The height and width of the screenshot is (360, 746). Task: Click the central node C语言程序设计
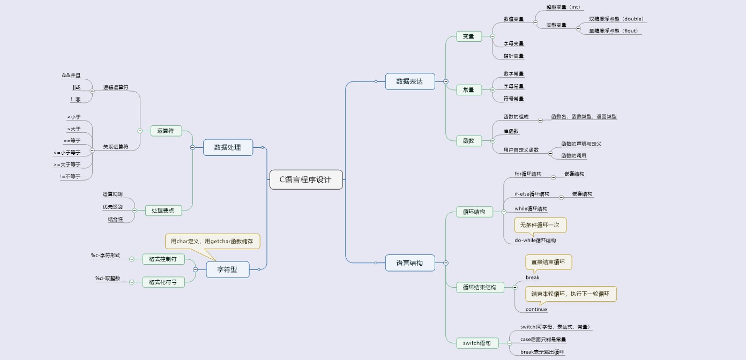305,179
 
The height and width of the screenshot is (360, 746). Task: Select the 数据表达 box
409,81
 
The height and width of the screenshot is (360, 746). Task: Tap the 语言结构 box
409,262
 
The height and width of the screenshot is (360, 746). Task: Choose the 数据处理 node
228,147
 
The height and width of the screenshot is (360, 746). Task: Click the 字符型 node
227,269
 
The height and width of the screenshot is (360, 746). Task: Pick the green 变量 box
468,36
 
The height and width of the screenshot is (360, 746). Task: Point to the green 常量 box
468,90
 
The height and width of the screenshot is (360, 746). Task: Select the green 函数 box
468,141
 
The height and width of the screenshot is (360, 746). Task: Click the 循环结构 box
474,212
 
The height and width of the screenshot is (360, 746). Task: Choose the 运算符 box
166,131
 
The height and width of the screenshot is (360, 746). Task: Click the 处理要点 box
163,211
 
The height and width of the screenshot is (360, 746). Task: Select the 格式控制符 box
163,259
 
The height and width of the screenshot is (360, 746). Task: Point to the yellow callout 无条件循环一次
540,225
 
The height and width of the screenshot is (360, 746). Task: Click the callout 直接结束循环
548,262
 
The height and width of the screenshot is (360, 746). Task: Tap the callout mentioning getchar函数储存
213,241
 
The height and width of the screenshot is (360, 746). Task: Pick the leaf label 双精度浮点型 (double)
616,19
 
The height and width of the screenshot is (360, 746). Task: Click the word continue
536,309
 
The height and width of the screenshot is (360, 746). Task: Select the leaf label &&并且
71,76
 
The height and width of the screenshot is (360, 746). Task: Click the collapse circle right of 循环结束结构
515,287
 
